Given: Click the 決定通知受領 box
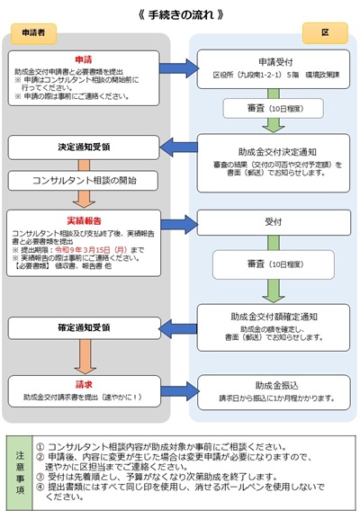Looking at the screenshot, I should (x=83, y=146).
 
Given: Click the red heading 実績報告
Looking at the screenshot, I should (x=83, y=219).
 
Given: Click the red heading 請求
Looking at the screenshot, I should (x=83, y=380).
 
